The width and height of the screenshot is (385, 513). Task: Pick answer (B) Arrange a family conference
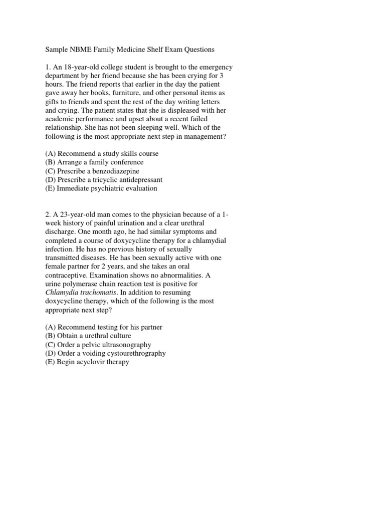click(94, 162)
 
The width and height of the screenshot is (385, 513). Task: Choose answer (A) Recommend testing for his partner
click(104, 327)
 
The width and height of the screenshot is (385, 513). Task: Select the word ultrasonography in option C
click(127, 344)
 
